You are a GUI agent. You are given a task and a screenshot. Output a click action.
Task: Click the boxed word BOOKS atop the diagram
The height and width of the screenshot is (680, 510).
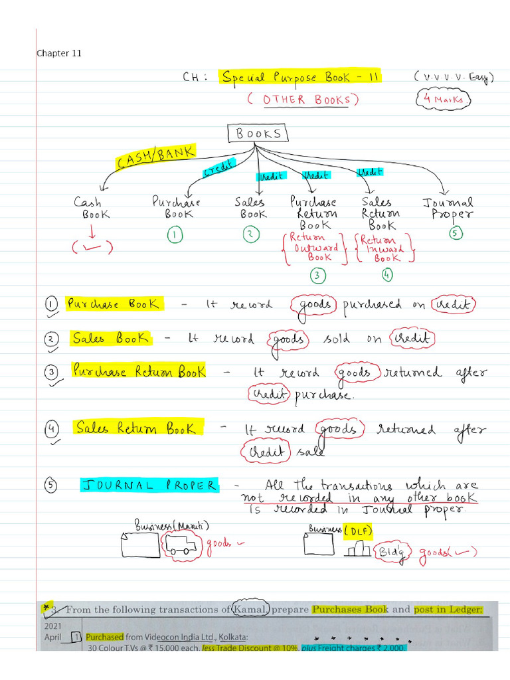click(x=258, y=134)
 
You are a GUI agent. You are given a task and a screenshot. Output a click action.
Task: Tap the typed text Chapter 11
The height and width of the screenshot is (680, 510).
click(x=59, y=53)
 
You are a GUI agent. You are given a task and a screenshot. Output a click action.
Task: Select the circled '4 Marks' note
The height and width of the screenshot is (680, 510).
click(x=445, y=100)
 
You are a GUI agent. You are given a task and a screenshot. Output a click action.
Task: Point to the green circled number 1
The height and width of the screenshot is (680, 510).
click(x=174, y=234)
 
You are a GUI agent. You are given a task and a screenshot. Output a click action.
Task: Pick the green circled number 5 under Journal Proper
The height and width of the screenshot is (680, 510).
click(x=456, y=233)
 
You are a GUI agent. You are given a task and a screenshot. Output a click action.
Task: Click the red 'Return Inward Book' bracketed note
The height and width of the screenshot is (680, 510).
click(x=385, y=247)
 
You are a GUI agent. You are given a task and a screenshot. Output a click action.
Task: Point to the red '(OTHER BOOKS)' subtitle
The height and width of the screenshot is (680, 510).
click(x=302, y=100)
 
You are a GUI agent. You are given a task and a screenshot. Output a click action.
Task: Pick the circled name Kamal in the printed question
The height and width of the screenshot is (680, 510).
click(x=250, y=609)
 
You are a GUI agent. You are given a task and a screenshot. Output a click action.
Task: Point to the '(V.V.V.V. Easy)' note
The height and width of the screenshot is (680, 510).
click(x=454, y=78)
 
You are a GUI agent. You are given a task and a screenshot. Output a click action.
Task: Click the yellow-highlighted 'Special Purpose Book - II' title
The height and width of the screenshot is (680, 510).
click(x=301, y=78)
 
